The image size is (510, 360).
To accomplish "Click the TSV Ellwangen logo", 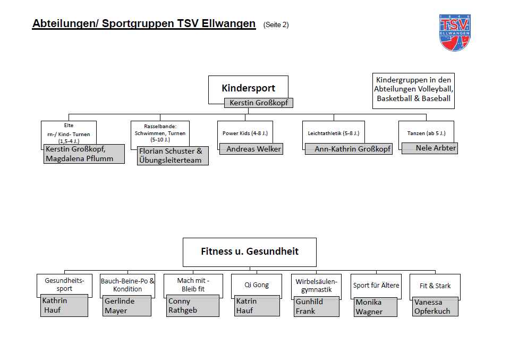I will click(455, 32).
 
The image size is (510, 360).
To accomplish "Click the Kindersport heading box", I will click(248, 88).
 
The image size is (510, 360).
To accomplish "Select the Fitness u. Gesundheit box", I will click(249, 252).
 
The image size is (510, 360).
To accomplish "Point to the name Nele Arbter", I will click(429, 148).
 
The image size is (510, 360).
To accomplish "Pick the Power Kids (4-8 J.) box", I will click(244, 133).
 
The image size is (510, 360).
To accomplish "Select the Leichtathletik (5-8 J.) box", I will click(333, 133).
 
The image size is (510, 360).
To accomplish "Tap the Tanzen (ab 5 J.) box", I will click(426, 133).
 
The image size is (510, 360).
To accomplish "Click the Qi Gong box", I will click(257, 285).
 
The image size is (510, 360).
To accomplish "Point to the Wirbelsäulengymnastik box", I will click(316, 286).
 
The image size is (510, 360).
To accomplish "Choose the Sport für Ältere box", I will click(376, 286).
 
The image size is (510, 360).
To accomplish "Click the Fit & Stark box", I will click(435, 286).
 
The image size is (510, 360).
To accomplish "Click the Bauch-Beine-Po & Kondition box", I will click(127, 285).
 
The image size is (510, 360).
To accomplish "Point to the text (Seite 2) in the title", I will click(276, 24).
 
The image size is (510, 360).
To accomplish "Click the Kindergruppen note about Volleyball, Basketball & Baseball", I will click(413, 89).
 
